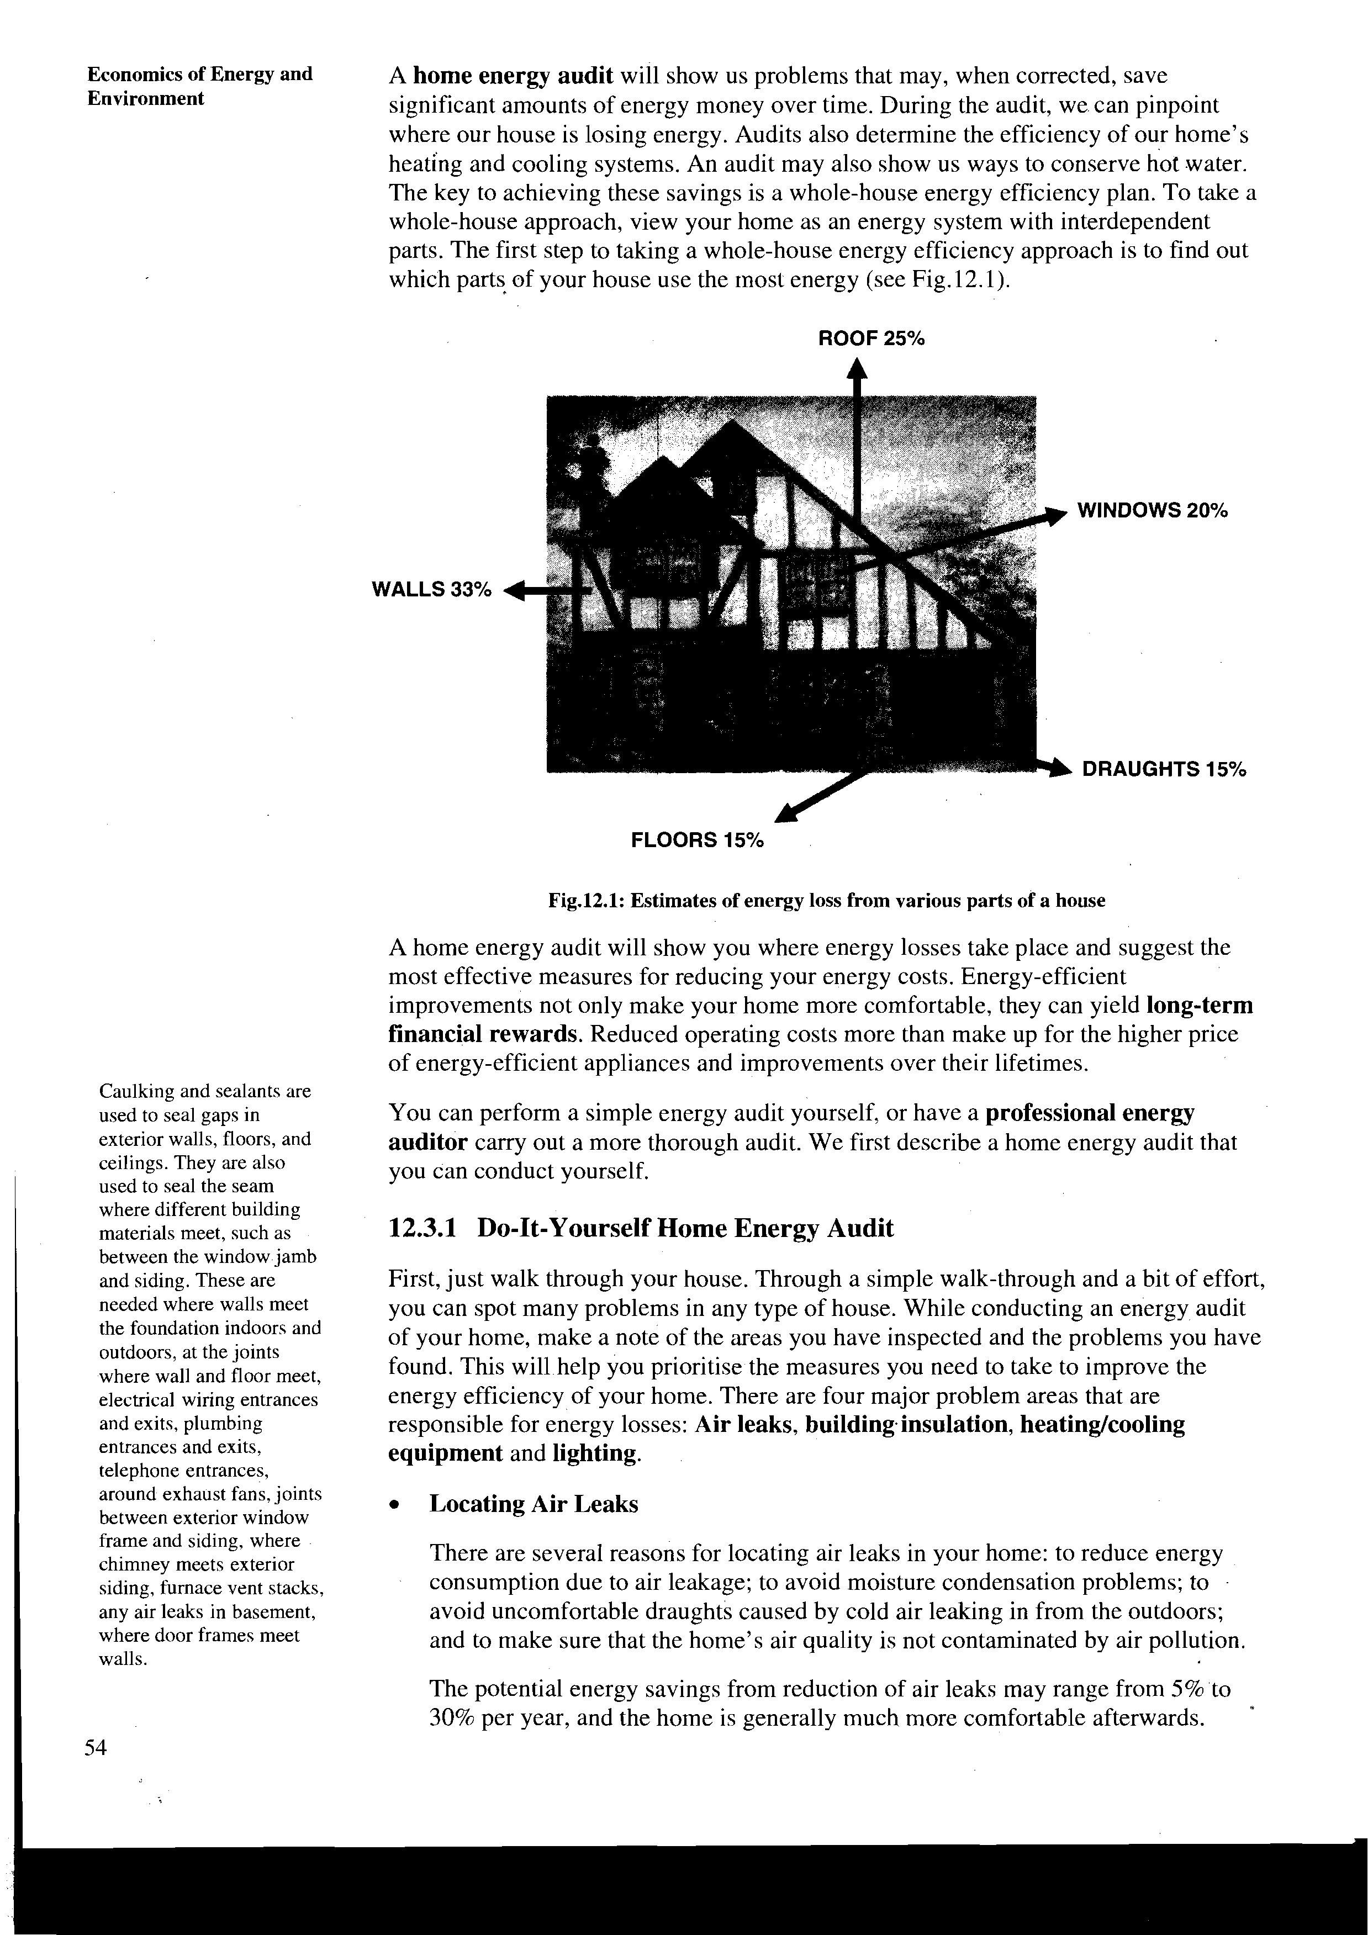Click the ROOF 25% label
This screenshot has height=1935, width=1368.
(x=871, y=339)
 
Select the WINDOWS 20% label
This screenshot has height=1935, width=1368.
(x=1152, y=511)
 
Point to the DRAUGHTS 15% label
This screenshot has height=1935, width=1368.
(x=1163, y=769)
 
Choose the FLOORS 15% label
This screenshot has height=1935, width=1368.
(x=697, y=840)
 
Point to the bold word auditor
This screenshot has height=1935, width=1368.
(x=427, y=1143)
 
